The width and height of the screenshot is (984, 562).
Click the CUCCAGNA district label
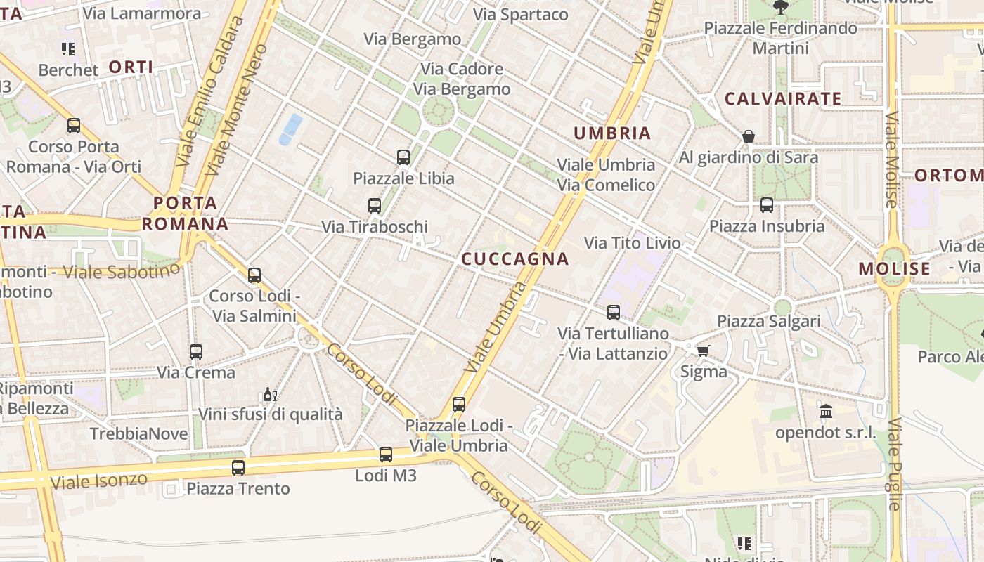point(514,259)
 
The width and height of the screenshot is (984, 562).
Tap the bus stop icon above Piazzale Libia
point(403,157)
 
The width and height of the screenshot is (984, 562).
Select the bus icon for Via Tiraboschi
point(375,205)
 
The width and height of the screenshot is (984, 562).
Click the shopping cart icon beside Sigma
point(702,350)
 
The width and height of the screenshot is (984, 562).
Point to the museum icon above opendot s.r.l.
point(826,411)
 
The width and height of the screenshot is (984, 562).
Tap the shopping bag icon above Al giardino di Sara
point(749,136)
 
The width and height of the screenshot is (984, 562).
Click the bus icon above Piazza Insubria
point(766,204)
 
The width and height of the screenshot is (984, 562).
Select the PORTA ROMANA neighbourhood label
point(185,214)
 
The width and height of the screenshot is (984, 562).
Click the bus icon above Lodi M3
point(386,454)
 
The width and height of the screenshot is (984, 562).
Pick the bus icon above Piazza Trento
point(238,467)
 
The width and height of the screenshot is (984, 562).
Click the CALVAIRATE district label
point(782,98)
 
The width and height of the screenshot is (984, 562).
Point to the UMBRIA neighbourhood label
point(612,133)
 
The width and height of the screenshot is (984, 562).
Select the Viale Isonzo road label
point(99,481)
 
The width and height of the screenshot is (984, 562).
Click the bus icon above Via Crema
point(196,351)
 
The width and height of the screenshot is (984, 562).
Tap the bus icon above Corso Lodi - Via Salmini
point(254,275)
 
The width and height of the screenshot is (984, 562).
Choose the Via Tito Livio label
point(633,243)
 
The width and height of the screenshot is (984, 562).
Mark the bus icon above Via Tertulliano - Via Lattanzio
point(614,312)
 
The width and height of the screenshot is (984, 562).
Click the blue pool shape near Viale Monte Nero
point(290,129)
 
